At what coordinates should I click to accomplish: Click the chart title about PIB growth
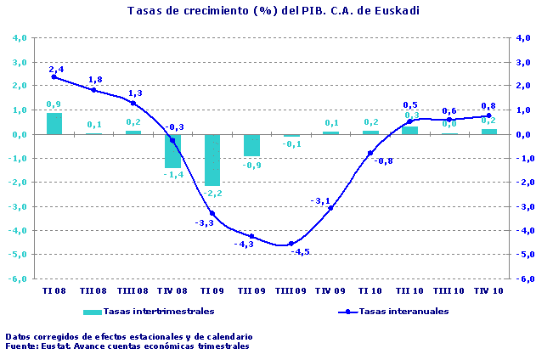(x=274, y=11)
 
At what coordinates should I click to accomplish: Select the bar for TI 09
(x=212, y=160)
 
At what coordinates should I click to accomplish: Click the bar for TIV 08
(x=172, y=150)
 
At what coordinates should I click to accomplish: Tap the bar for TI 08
(x=54, y=123)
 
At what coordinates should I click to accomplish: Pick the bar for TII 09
(x=251, y=145)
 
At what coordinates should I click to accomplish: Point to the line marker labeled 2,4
(x=54, y=76)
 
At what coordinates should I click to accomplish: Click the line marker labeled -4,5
(x=291, y=244)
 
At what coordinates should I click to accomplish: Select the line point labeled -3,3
(x=212, y=213)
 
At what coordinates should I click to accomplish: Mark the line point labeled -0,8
(x=370, y=153)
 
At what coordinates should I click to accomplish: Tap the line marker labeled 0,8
(x=488, y=115)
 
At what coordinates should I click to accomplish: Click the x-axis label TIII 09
(x=291, y=290)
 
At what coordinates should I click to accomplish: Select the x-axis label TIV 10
(x=488, y=290)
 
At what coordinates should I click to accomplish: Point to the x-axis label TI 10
(x=370, y=290)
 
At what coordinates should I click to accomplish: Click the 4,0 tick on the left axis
(x=19, y=38)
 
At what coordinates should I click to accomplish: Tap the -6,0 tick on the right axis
(x=526, y=278)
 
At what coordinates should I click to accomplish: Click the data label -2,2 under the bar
(x=212, y=194)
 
